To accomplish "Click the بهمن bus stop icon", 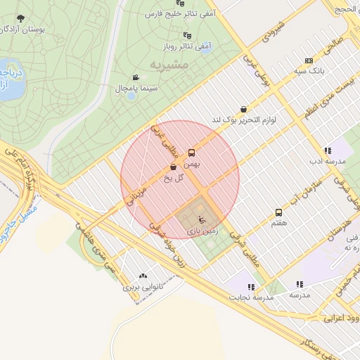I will (191, 153).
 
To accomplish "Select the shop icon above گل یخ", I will (173, 167).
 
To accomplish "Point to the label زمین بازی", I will (202, 230).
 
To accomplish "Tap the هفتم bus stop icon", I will (278, 212).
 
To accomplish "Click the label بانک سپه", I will (309, 71).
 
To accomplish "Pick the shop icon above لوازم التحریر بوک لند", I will (243, 109).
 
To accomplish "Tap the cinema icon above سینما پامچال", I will (135, 77).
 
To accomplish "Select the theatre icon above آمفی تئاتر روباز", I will (187, 34).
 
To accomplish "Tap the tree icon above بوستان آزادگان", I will (20, 18).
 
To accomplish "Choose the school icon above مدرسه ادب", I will (327, 150).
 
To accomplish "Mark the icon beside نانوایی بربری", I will (144, 276).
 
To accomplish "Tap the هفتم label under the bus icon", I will (278, 223).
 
